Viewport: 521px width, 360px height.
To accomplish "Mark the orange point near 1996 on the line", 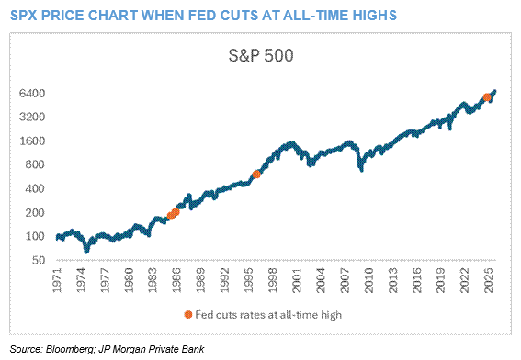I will [x=257, y=174].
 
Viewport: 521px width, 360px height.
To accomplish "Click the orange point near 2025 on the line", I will [x=487, y=96].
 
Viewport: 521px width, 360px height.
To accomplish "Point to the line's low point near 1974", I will [x=86, y=249].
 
